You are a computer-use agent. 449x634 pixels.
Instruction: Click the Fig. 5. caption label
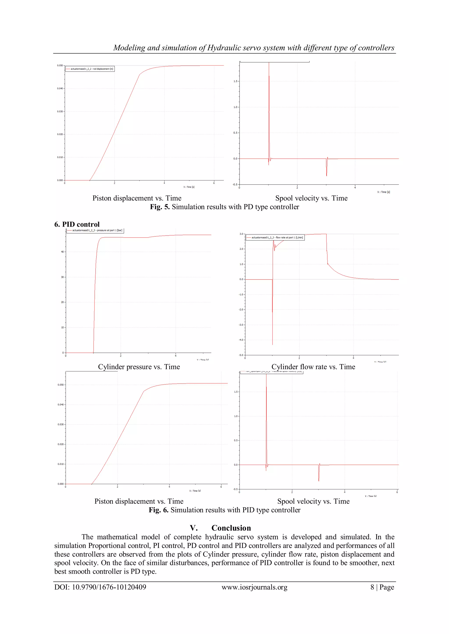point(160,207)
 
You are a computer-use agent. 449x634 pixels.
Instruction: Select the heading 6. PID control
point(77,224)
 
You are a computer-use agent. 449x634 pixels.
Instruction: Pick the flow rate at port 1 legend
point(277,238)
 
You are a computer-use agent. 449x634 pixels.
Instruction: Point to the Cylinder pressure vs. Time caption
point(139,367)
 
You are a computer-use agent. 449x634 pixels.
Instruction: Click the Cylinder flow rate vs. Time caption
point(313,367)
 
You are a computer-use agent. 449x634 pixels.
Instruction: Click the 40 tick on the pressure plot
point(62,252)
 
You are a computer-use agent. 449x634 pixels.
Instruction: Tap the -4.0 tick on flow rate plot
point(241,340)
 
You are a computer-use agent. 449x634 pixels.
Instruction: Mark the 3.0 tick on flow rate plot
point(241,234)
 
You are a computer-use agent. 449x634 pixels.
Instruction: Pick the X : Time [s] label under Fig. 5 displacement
point(189,187)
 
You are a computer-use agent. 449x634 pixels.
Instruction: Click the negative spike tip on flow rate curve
point(272,344)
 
